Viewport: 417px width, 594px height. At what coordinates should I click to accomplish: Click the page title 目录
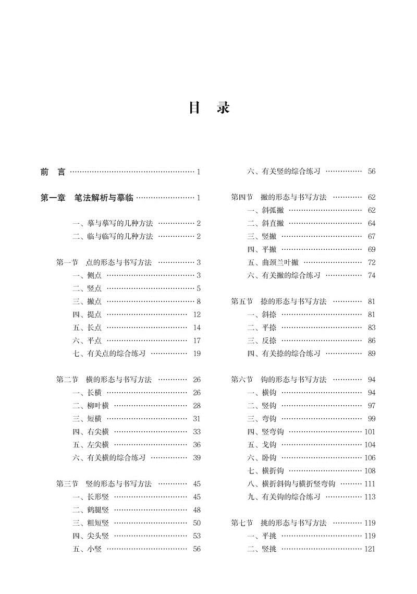(x=208, y=108)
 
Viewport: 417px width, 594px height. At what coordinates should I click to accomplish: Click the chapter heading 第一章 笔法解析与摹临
(x=87, y=198)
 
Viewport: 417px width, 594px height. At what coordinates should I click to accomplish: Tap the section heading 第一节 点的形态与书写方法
(x=104, y=262)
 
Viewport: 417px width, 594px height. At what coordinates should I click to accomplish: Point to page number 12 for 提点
(x=197, y=314)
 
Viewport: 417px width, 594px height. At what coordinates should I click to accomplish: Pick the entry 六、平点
(x=88, y=341)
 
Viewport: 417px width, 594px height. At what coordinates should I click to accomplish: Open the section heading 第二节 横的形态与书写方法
(x=104, y=379)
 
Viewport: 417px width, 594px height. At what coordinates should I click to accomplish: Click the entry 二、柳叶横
(x=91, y=405)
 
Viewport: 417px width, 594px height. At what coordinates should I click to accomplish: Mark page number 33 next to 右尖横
(x=197, y=431)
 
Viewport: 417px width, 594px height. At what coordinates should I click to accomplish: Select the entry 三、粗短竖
(x=91, y=523)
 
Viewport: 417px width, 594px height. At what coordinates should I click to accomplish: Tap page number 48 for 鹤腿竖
(x=197, y=510)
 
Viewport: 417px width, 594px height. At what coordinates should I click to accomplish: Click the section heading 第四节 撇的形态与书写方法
(x=279, y=197)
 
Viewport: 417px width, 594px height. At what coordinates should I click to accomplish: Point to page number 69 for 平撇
(x=371, y=249)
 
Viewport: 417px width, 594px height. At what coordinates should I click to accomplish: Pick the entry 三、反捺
(x=262, y=341)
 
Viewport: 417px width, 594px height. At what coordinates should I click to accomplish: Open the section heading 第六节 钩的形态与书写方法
(x=279, y=379)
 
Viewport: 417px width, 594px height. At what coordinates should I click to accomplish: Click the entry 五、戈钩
(x=262, y=444)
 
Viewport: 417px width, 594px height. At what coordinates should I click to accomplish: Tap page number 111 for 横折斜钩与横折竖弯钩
(x=370, y=483)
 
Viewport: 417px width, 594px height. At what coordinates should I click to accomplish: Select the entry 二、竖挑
(x=262, y=549)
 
